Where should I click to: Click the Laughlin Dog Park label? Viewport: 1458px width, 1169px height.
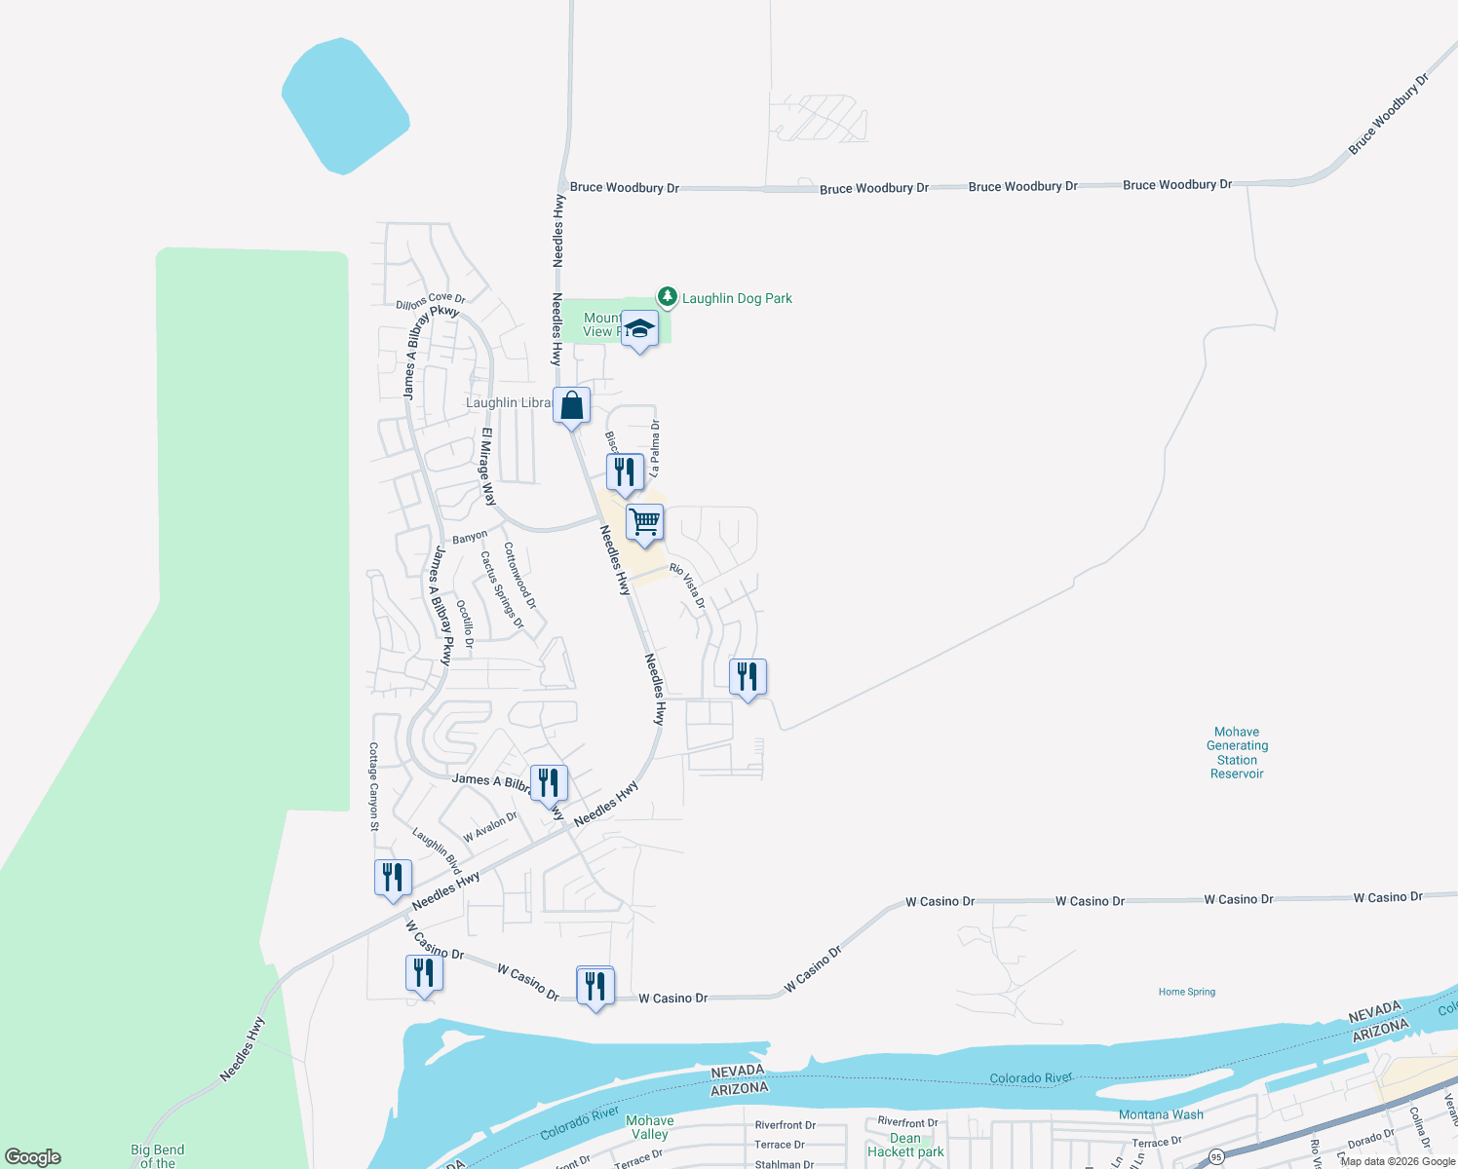pos(737,299)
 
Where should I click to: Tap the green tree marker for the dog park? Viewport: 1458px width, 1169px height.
pos(667,296)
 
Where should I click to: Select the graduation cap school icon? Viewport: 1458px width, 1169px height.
pos(639,328)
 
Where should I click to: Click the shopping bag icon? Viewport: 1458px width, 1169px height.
pos(572,405)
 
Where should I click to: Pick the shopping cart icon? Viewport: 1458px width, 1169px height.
pos(645,522)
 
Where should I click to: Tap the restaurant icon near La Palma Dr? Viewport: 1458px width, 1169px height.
pos(625,472)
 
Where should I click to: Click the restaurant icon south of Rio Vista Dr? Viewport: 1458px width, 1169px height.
pos(748,676)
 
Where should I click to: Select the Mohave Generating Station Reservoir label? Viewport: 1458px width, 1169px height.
pos(1237,753)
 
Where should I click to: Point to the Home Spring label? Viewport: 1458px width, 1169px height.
pos(1186,992)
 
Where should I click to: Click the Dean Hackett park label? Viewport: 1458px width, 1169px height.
pos(905,1145)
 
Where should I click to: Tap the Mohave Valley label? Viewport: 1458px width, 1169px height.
pos(649,1127)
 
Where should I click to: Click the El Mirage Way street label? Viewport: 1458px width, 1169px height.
pos(488,467)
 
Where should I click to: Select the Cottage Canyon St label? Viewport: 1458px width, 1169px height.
pos(373,786)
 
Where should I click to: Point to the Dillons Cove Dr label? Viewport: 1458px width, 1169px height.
pos(431,301)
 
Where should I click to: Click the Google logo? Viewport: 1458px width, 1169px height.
pos(33,1157)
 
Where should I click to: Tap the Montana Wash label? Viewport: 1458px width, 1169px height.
pos(1161,1114)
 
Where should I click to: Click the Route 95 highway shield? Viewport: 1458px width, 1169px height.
pos(1216,1156)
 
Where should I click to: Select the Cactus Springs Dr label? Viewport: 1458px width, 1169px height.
pos(501,590)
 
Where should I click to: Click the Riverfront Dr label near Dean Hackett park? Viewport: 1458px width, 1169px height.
pos(907,1122)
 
